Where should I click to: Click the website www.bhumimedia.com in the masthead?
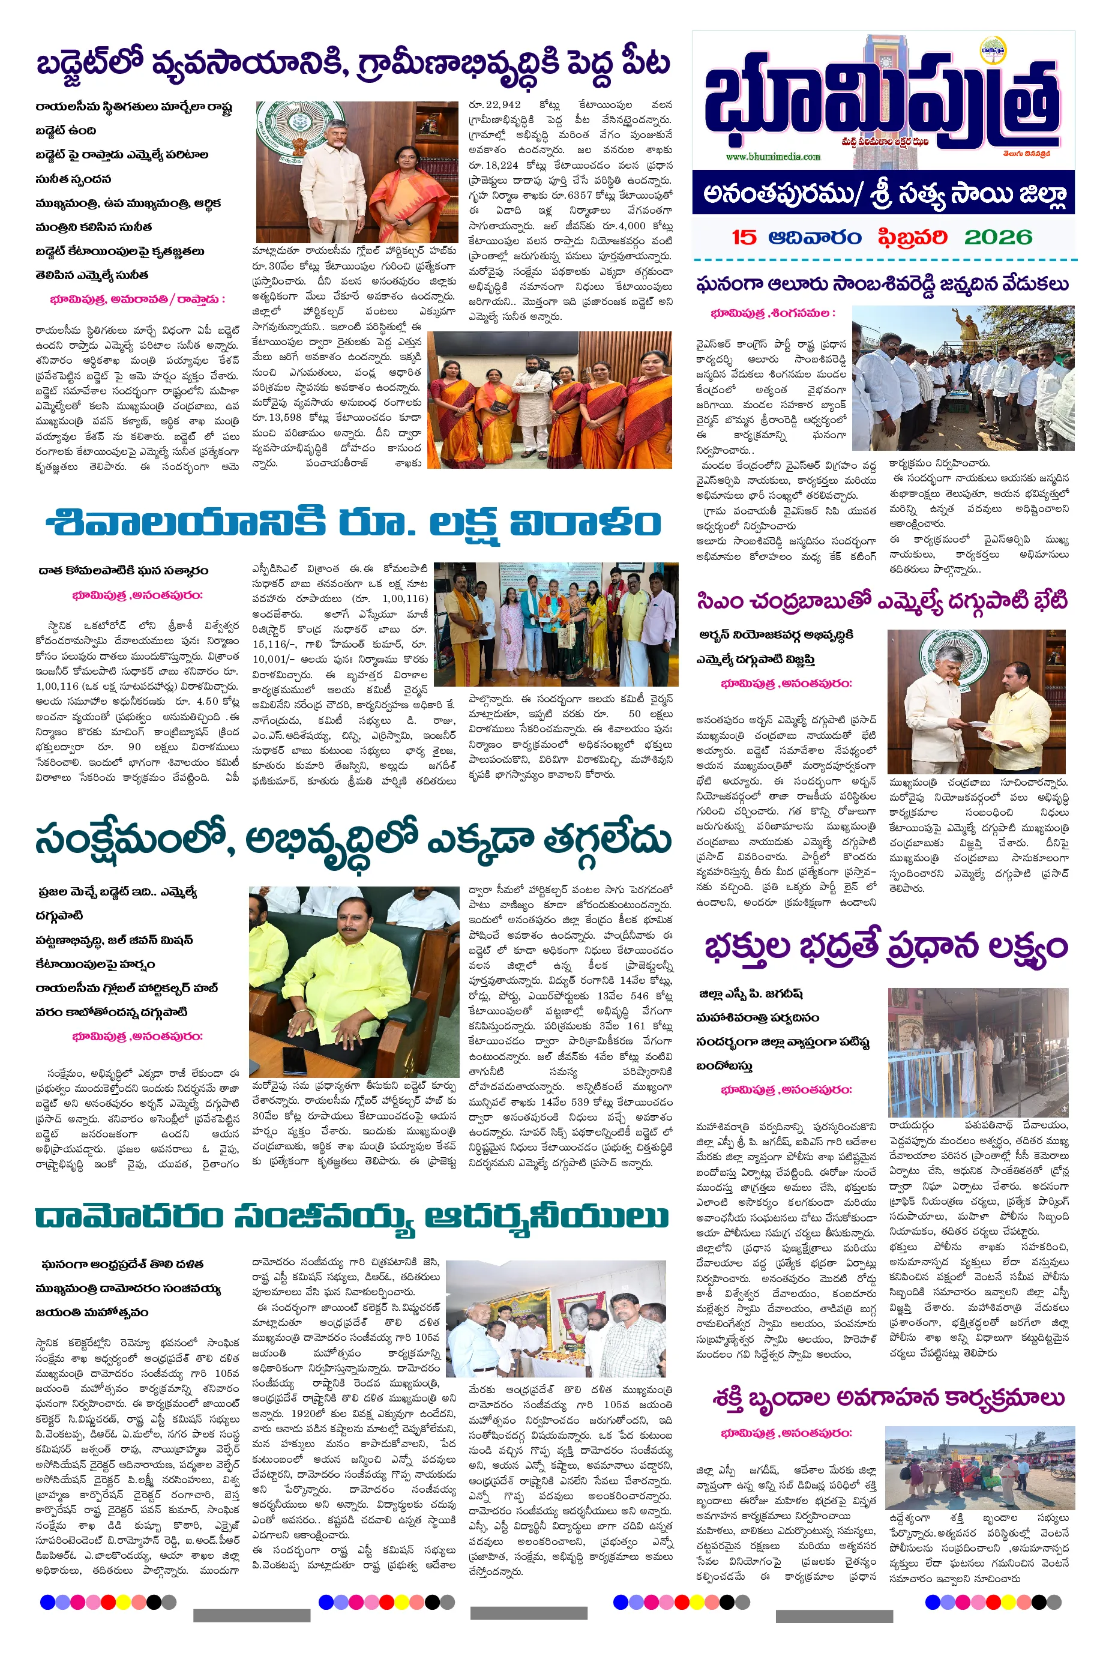click(x=772, y=157)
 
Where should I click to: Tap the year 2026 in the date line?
click(x=998, y=238)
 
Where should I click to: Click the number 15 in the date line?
click(x=744, y=238)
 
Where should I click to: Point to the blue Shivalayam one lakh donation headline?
click(x=353, y=523)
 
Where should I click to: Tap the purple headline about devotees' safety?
click(x=886, y=947)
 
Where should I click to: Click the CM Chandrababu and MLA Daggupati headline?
click(x=882, y=601)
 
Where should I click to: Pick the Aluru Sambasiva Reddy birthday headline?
click(x=882, y=285)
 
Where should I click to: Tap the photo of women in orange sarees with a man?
click(x=550, y=400)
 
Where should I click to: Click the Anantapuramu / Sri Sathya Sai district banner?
click(x=883, y=193)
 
